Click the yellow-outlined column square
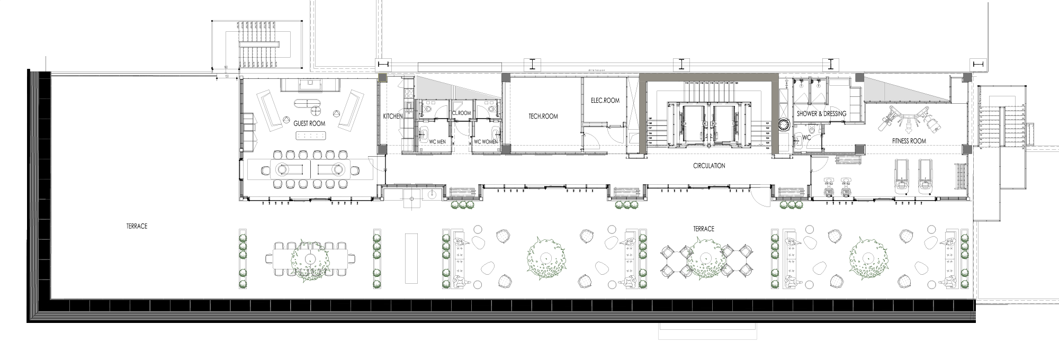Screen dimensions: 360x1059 point(382,78)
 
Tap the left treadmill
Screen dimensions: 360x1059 point(901,176)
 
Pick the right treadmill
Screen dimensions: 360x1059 point(926,176)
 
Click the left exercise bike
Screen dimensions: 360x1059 point(829,187)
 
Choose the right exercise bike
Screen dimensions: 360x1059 point(846,187)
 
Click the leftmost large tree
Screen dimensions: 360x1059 point(310,259)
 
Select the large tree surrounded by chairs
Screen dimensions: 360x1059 point(706,258)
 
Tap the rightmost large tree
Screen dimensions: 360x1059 point(868,258)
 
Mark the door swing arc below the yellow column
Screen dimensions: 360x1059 point(377,164)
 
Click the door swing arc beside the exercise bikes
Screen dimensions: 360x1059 point(819,164)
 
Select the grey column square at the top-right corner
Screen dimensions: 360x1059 point(967,78)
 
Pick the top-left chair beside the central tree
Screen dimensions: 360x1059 point(667,251)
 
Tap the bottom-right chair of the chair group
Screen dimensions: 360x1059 point(747,270)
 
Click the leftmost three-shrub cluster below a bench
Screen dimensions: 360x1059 point(462,204)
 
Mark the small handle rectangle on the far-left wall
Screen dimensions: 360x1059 point(255,127)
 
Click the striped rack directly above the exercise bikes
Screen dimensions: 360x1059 point(848,160)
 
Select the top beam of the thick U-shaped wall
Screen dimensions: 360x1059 point(708,77)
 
